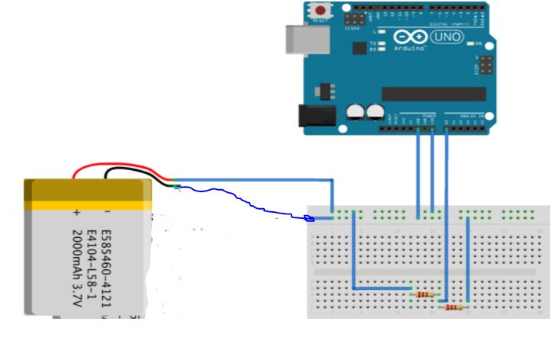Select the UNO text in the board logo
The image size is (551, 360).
pyautogui.click(x=447, y=37)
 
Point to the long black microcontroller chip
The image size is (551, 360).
pyautogui.click(x=433, y=93)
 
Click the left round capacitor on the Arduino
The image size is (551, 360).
pyautogui.click(x=355, y=112)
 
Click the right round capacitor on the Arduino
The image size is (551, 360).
pyautogui.click(x=375, y=112)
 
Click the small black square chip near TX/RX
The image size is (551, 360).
pyautogui.click(x=358, y=47)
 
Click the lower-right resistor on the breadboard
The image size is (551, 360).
pyautogui.click(x=453, y=307)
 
